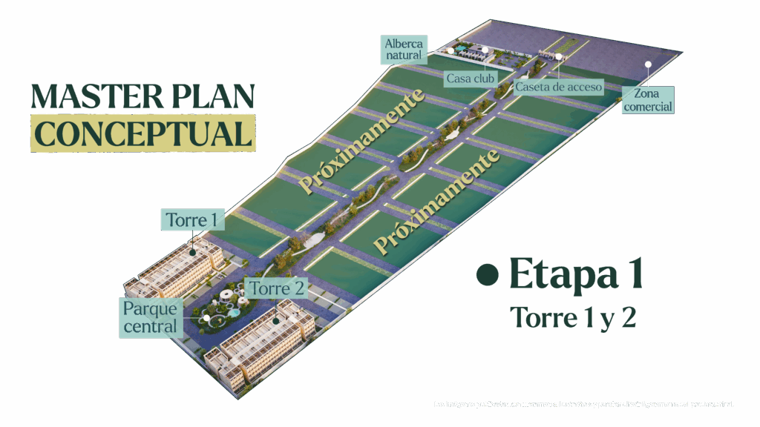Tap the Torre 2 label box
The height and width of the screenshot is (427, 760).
tap(277, 289)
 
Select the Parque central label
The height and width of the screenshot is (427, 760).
tap(151, 317)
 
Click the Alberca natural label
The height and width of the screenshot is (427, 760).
tap(403, 49)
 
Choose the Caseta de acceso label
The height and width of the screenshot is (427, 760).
tap(558, 87)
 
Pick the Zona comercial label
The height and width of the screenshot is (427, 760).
tap(648, 100)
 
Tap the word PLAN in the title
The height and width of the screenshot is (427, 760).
tap(214, 97)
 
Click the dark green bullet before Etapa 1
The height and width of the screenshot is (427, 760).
tap(487, 275)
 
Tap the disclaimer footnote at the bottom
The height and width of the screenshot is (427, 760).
tap(584, 404)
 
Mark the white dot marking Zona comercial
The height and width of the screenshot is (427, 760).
tap(648, 64)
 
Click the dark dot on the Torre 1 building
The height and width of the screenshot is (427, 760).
tap(193, 251)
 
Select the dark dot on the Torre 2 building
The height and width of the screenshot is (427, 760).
tap(276, 322)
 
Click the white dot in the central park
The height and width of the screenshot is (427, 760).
tap(206, 318)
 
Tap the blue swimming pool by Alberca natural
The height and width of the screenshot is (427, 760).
tap(462, 50)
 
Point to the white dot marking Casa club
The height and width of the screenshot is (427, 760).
tap(485, 50)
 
